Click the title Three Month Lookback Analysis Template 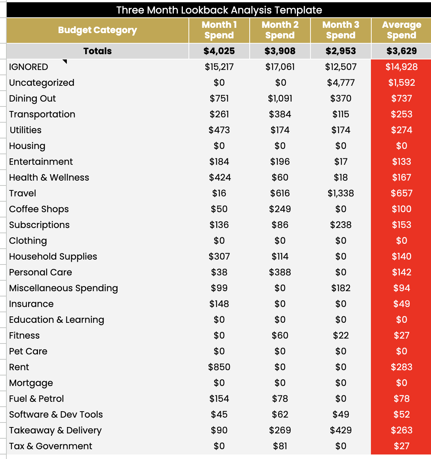[x=219, y=10]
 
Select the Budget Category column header [x=97, y=30]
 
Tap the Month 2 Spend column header [x=280, y=30]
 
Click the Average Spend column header [x=401, y=30]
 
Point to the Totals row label [x=97, y=51]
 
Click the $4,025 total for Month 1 [x=219, y=51]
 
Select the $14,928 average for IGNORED [x=401, y=67]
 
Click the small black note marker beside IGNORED [x=65, y=62]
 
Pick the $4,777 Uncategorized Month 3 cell [x=341, y=83]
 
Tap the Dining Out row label [x=32, y=99]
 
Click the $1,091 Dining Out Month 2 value [x=280, y=99]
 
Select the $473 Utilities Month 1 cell [x=219, y=130]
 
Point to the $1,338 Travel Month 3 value [x=341, y=193]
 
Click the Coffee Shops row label [x=39, y=209]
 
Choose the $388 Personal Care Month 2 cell [x=280, y=272]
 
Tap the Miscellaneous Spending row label [x=63, y=288]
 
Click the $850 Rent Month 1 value [x=219, y=367]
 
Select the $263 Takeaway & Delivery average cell [x=401, y=430]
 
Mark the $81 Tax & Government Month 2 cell [x=280, y=446]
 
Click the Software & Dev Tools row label [x=56, y=415]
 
